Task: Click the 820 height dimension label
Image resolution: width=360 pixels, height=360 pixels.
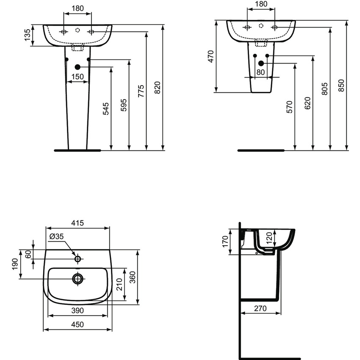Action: (157, 87)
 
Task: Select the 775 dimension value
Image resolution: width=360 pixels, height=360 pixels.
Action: (141, 91)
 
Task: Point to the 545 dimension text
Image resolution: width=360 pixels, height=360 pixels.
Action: (106, 109)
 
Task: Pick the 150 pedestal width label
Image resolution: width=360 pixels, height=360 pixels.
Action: (77, 76)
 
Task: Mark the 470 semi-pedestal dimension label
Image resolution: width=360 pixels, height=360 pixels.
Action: (210, 57)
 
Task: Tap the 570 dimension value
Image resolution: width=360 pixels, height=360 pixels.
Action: (289, 107)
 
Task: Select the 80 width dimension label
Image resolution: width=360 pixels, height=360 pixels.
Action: (260, 72)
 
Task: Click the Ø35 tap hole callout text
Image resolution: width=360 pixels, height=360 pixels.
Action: (56, 237)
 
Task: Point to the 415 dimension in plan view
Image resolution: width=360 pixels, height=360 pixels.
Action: (78, 223)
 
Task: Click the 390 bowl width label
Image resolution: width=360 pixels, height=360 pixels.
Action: (77, 310)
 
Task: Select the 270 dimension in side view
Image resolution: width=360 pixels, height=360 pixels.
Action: (260, 308)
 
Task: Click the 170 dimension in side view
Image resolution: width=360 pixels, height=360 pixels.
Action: (226, 241)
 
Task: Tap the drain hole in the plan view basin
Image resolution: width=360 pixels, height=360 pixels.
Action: (78, 278)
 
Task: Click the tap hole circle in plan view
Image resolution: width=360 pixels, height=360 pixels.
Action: (78, 258)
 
